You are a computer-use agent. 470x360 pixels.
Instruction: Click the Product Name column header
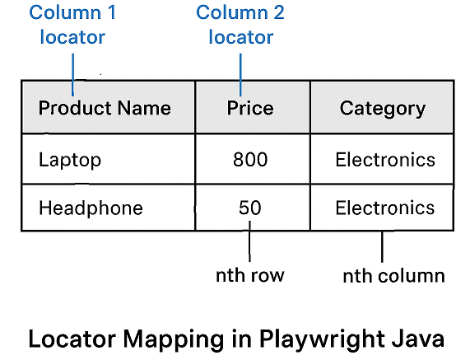tap(105, 108)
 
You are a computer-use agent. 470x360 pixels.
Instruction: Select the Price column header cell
tap(250, 108)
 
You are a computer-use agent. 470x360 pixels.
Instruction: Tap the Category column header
tap(383, 108)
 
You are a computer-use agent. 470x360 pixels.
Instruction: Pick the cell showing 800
tap(250, 159)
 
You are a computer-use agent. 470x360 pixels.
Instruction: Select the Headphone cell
tap(91, 208)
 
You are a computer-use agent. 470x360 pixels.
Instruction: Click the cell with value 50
tap(250, 208)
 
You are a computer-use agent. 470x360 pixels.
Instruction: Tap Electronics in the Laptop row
tap(384, 159)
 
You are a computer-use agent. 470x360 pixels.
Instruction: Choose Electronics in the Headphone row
tap(384, 208)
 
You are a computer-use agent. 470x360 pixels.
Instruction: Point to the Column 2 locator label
tap(240, 26)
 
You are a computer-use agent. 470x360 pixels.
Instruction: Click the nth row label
tap(249, 275)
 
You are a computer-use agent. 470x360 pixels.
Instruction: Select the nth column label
tap(393, 276)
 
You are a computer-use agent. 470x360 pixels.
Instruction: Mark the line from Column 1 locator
tap(73, 75)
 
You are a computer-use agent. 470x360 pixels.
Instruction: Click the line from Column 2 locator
tap(240, 75)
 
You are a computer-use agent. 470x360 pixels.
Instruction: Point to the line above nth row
tap(249, 245)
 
